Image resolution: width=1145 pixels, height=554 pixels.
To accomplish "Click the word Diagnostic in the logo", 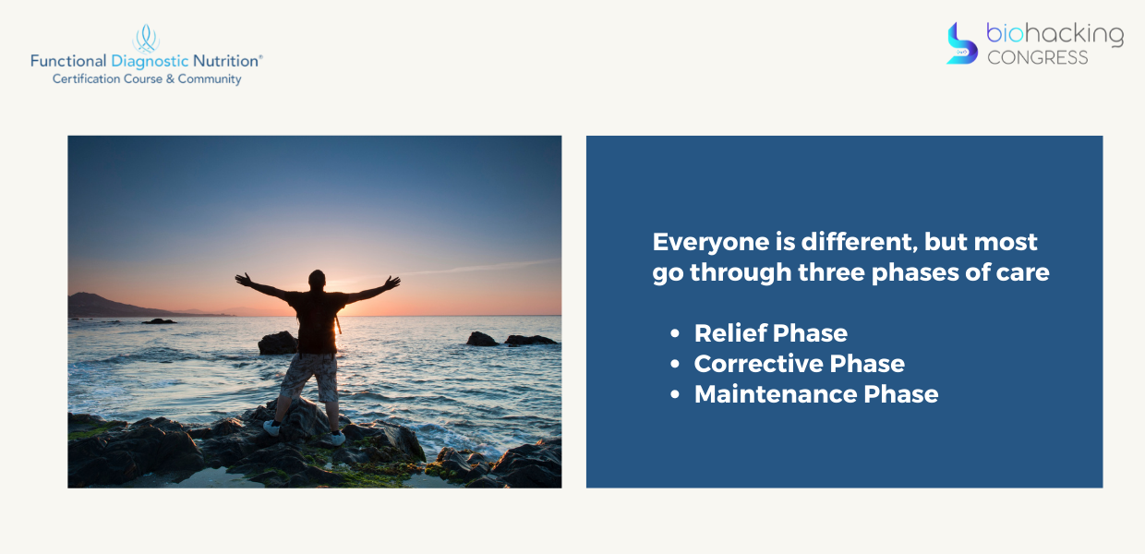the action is click(x=150, y=62).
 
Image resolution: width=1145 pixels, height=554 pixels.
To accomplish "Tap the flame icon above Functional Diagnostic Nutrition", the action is click(x=146, y=39).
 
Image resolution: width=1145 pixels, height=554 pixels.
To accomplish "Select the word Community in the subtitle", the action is click(x=210, y=79).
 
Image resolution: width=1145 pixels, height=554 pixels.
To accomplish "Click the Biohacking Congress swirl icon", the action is click(x=962, y=43).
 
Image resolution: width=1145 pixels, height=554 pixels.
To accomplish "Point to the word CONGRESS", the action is click(x=1037, y=58).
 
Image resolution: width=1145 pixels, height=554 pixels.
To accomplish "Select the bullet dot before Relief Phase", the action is click(x=675, y=333).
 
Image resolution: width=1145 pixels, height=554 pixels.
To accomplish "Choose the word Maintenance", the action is click(x=775, y=394).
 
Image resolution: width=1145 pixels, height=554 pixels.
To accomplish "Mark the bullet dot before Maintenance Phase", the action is click(x=675, y=394).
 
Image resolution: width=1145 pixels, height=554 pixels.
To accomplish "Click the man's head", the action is click(x=317, y=280).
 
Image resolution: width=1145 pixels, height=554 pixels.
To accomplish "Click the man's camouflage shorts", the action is click(x=310, y=377).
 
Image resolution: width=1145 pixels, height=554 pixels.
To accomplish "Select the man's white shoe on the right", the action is click(x=337, y=438).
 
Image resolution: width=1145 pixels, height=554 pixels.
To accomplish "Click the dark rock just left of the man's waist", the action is click(x=278, y=343).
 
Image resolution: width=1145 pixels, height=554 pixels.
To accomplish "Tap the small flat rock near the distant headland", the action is click(x=159, y=321).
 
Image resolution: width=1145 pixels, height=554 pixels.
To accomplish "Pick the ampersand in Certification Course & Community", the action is click(x=170, y=79).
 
